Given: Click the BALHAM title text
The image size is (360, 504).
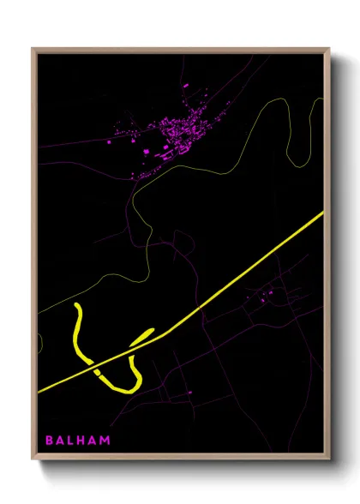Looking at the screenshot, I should click(x=78, y=441).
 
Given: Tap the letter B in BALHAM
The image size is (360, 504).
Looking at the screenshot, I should click(x=49, y=441).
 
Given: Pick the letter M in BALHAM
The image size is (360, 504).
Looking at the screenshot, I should click(x=105, y=441).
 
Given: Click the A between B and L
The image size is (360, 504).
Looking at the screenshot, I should click(x=62, y=441).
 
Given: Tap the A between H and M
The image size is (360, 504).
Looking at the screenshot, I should click(x=95, y=441).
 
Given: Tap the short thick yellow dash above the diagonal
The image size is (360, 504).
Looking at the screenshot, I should click(x=143, y=335).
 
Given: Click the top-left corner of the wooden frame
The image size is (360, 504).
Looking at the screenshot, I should click(x=33, y=49).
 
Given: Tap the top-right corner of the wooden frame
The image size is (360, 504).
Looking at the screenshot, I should click(x=329, y=49).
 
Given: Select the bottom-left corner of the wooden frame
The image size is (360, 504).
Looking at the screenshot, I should click(x=33, y=459).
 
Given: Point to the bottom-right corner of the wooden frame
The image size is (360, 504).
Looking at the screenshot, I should click(x=329, y=459).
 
